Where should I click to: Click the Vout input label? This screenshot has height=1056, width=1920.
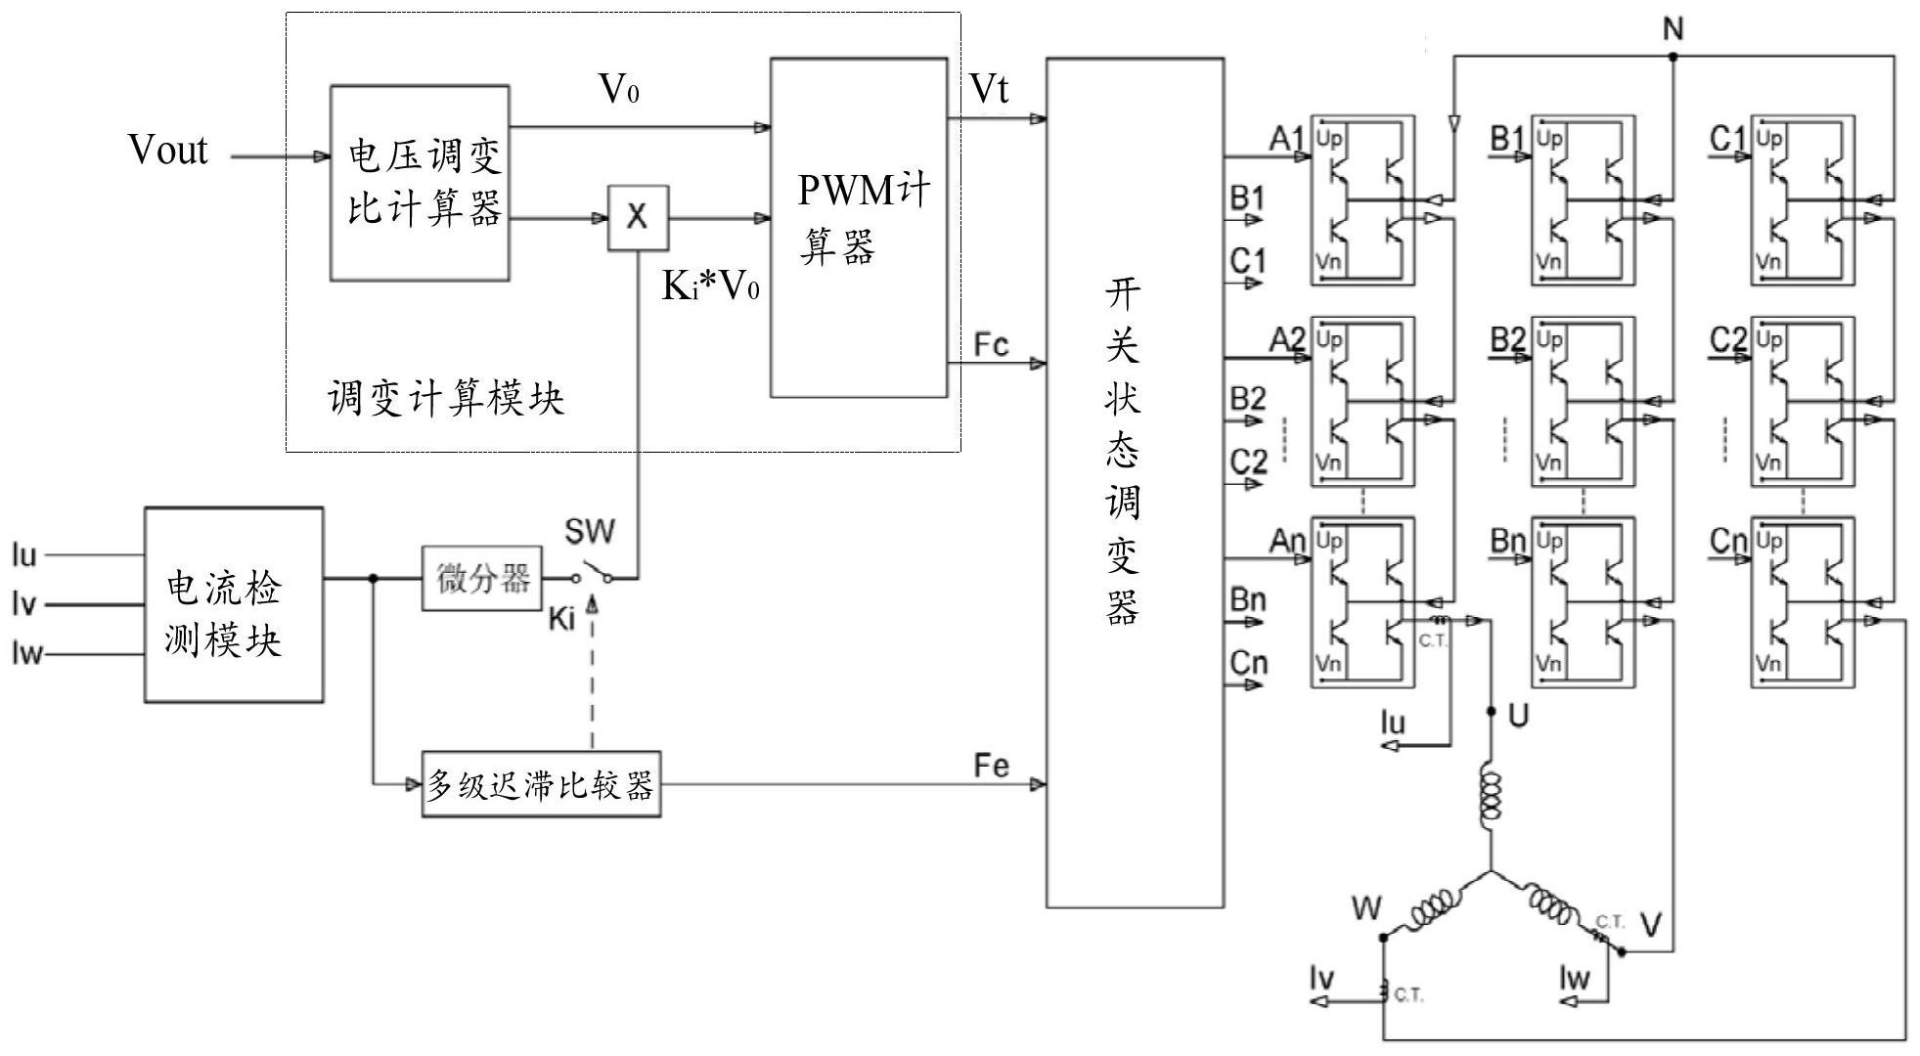point(168,151)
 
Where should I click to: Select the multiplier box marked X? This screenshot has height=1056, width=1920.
point(638,217)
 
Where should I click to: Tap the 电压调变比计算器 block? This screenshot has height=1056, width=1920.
point(420,183)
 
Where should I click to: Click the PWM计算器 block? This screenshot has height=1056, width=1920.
point(859,227)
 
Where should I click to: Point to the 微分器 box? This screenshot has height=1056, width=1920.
point(481,579)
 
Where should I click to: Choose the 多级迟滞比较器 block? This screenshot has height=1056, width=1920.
point(541,784)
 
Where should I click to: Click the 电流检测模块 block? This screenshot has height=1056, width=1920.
point(234,604)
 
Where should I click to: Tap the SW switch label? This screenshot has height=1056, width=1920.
point(590,532)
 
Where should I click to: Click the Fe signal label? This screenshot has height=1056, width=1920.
point(991,766)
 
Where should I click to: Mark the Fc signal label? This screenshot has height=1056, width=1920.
point(991,345)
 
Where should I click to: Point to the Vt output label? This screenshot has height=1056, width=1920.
point(989,90)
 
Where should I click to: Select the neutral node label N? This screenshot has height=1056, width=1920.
point(1673,30)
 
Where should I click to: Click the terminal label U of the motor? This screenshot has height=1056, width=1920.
point(1518,717)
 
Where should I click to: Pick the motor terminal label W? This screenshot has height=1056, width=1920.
point(1366,908)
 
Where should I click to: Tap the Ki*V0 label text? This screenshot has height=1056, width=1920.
point(711,286)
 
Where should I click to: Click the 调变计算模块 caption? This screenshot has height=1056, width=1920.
point(446,399)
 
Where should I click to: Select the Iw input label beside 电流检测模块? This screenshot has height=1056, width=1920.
point(26,653)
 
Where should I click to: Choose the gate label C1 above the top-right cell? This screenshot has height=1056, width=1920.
point(1728,140)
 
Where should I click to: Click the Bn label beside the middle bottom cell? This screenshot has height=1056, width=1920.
point(1507,541)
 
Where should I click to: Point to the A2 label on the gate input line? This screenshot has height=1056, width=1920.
point(1287,340)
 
